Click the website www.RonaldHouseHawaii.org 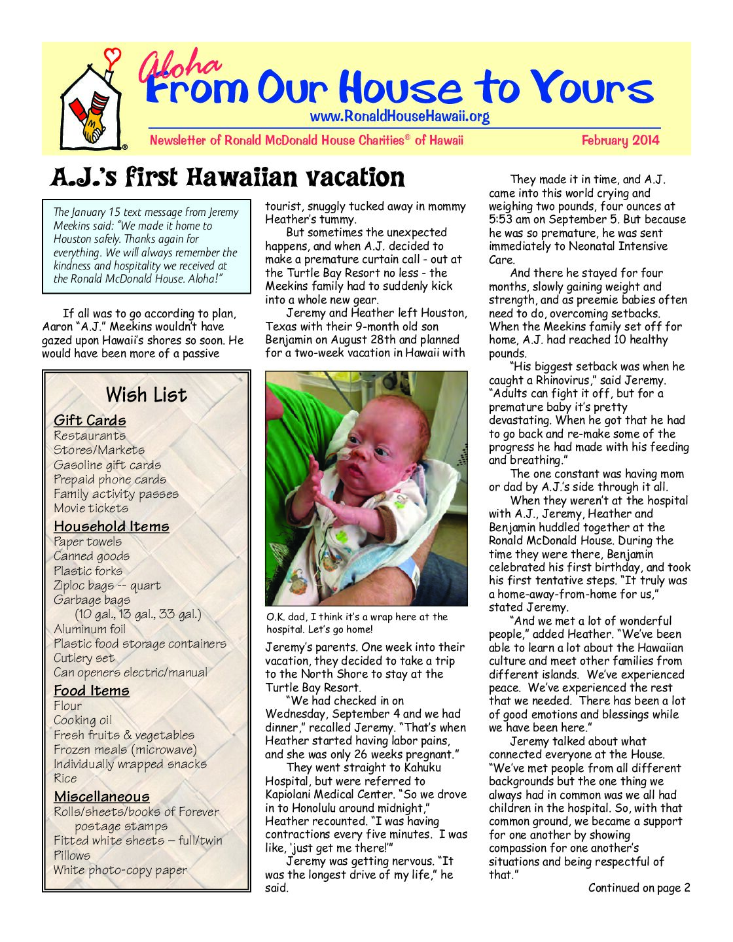pos(399,117)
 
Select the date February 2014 pos(620,140)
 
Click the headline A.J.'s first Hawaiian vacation pos(228,177)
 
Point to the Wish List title pos(146,394)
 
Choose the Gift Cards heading pos(90,421)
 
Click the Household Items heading pos(111,527)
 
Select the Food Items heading pos(92,691)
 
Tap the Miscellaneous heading pos(101,797)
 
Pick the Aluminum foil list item pos(90,629)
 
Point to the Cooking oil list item pos(82,720)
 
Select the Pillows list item pos(72,856)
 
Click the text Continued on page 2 pos(639,888)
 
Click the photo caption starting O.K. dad pos(357,623)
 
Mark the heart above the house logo pos(113,56)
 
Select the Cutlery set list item pos(84,658)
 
